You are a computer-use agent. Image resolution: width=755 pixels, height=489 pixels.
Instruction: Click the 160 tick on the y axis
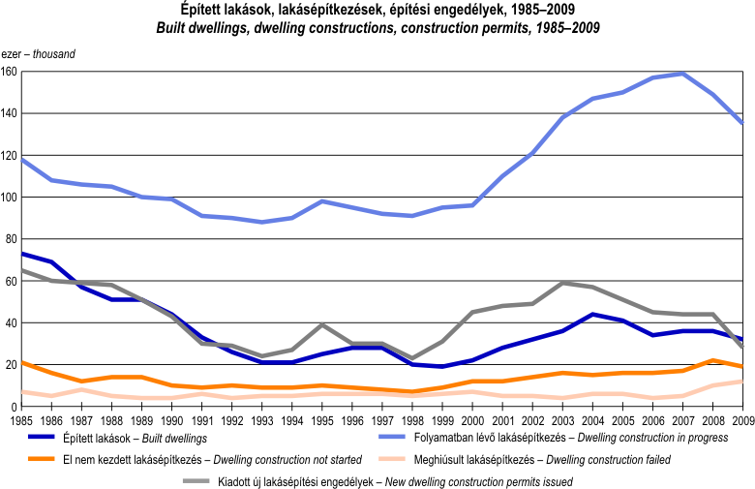click(9, 73)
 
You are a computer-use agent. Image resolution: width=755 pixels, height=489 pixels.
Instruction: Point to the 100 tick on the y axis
click(9, 198)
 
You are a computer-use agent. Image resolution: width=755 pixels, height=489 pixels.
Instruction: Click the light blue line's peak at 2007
click(682, 74)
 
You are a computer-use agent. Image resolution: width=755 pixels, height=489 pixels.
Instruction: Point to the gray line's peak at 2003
click(562, 283)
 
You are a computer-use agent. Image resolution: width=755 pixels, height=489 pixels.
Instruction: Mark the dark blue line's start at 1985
click(21, 254)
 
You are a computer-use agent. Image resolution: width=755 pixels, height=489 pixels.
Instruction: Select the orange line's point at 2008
click(712, 360)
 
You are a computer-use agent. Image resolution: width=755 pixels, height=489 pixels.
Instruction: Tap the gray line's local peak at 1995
click(322, 324)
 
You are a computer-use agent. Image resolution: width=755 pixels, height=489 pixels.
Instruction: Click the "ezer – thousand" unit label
click(38, 53)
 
